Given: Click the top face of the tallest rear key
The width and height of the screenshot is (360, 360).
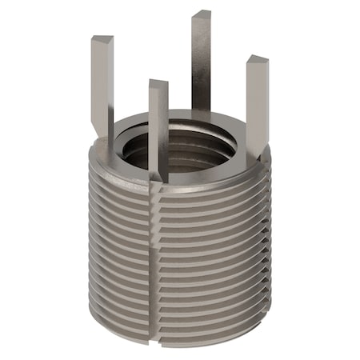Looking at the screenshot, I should (x=201, y=14).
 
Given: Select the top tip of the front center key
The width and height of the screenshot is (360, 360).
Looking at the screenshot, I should (x=158, y=83).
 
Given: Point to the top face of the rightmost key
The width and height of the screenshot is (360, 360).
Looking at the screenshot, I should (x=257, y=59).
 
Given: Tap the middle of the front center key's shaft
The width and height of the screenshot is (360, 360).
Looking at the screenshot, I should (x=158, y=128).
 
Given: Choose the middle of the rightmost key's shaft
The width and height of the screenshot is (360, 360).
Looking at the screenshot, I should (x=258, y=104).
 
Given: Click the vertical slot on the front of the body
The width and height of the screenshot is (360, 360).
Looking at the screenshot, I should (x=154, y=256).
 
